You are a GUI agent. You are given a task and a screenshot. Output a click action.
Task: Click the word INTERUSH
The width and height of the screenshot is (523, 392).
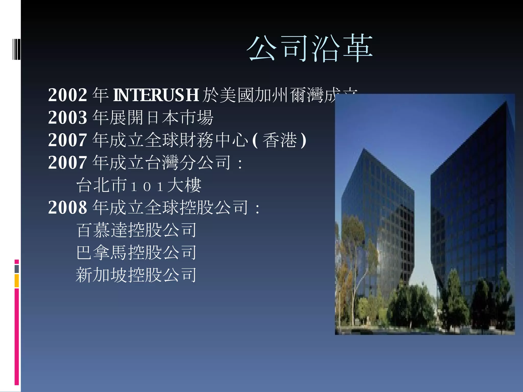pos(156,95)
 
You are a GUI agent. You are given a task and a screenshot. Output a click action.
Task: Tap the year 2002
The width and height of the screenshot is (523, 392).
pos(68,95)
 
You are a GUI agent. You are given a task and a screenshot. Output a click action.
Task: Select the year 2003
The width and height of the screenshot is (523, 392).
pos(68,118)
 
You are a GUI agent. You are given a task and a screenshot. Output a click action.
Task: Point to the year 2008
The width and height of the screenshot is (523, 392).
pos(68,207)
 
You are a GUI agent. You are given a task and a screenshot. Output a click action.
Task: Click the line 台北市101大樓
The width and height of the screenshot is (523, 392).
pos(139,185)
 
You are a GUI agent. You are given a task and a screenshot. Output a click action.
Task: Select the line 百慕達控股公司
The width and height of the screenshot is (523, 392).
pos(136,230)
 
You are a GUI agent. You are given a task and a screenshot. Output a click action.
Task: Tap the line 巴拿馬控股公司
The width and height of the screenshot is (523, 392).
pos(136,253)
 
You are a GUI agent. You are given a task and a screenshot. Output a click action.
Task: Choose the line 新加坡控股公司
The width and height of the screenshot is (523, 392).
pos(136,275)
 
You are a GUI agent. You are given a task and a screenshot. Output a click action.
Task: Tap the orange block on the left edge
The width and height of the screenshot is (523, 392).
pos(17,281)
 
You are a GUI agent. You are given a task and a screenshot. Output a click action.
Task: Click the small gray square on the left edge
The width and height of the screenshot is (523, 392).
pos(17,269)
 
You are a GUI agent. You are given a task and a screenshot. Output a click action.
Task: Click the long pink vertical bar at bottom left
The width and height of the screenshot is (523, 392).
pos(17,337)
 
